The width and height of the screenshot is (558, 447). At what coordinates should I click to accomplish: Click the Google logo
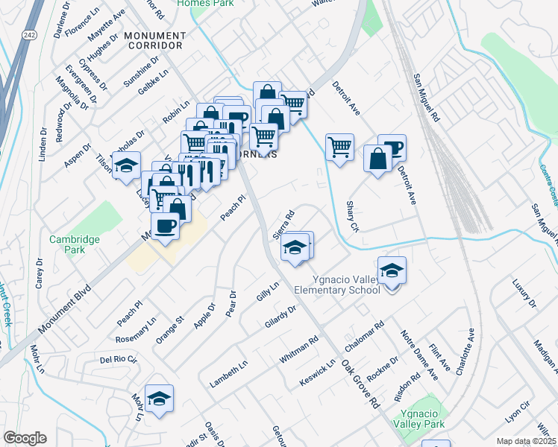pyautogui.click(x=25, y=438)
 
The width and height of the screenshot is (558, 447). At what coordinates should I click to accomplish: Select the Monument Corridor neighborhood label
pyautogui.click(x=155, y=41)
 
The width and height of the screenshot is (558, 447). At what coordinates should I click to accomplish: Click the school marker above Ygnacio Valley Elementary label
pyautogui.click(x=391, y=271)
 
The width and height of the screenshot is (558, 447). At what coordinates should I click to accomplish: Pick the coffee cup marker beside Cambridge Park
pyautogui.click(x=165, y=224)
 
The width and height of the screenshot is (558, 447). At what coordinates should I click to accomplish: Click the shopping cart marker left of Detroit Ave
pyautogui.click(x=339, y=147)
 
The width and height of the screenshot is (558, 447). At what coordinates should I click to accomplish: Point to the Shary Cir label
pyautogui.click(x=352, y=216)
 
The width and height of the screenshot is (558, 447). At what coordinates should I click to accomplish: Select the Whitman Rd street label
pyautogui.click(x=298, y=349)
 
